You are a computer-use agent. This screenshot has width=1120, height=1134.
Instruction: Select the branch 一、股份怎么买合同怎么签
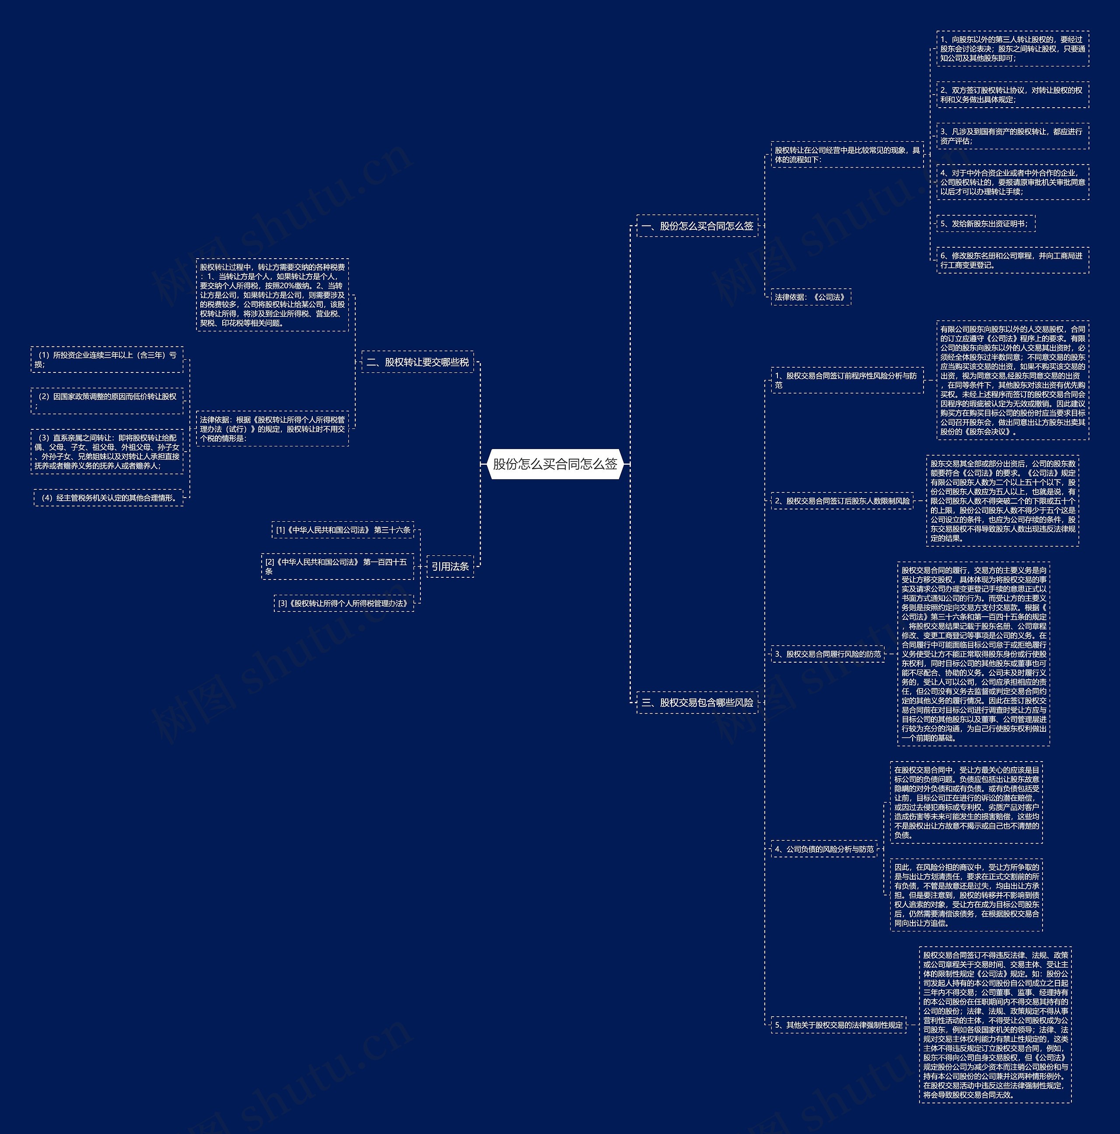point(697,226)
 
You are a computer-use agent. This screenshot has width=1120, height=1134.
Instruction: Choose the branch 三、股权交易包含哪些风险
point(697,702)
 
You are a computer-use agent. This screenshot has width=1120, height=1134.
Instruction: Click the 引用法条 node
point(450,566)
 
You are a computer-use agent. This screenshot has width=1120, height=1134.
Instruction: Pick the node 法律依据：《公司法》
point(810,297)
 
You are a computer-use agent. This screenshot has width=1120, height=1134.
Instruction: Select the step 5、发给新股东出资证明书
point(985,224)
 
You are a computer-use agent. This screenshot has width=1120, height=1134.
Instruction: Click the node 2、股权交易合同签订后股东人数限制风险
point(842,501)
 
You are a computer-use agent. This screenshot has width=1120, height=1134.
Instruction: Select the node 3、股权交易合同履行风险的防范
point(828,654)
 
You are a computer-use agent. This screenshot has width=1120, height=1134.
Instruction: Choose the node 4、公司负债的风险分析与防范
point(824,849)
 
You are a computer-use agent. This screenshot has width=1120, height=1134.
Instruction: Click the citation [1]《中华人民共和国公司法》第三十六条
point(343,530)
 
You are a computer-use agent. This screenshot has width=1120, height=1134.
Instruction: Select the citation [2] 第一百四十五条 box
point(337,566)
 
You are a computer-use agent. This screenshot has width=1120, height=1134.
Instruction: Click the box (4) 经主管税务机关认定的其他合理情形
point(108,498)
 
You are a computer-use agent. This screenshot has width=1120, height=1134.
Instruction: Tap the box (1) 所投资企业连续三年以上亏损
point(107,359)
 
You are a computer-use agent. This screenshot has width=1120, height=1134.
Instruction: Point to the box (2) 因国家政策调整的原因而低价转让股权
point(107,401)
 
